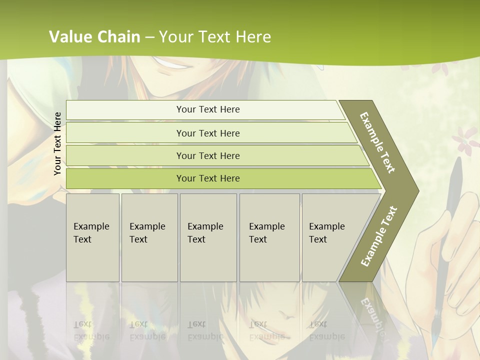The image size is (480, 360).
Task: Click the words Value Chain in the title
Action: pyautogui.click(x=94, y=36)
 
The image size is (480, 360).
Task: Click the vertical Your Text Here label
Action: pyautogui.click(x=58, y=143)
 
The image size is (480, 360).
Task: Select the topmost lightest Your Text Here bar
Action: pyautogui.click(x=208, y=109)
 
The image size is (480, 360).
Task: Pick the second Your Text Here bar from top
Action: pyautogui.click(x=208, y=133)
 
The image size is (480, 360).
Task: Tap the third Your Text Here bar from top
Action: pyautogui.click(x=208, y=155)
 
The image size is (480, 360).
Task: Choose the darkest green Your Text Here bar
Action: pyautogui.click(x=208, y=178)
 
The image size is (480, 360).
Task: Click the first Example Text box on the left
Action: pyautogui.click(x=92, y=237)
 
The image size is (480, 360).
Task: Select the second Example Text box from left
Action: pyautogui.click(x=149, y=237)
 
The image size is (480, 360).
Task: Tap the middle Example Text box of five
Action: pyautogui.click(x=207, y=237)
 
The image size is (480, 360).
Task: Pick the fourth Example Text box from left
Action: pyautogui.click(x=269, y=237)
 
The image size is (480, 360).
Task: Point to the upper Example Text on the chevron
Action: pyautogui.click(x=378, y=142)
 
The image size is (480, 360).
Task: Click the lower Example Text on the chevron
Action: pyautogui.click(x=379, y=236)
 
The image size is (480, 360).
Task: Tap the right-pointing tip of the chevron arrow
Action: pyautogui.click(x=416, y=191)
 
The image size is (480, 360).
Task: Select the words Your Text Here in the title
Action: pyautogui.click(x=215, y=36)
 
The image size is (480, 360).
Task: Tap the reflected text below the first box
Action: pyautogui.click(x=91, y=330)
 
